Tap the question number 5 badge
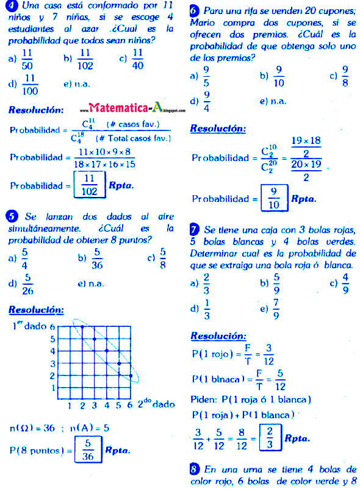13,216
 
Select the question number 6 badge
195,11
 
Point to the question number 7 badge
195,230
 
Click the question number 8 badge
195,469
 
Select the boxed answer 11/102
90,184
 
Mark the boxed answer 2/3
267,437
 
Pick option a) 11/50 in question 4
22,59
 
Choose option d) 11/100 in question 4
23,85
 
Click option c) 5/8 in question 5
157,258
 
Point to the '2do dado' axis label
156,404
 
